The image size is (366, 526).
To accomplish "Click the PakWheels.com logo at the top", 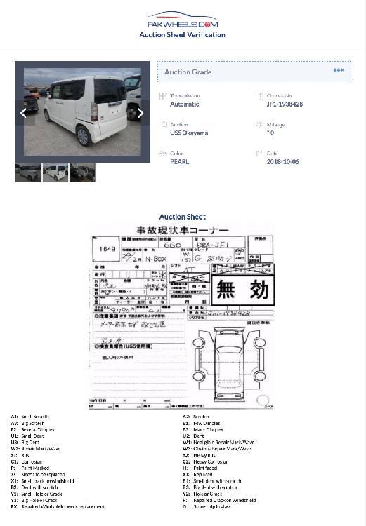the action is (x=182, y=20).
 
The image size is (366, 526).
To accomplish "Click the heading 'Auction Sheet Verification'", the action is (x=183, y=34).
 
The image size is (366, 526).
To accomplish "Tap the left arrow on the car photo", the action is (x=23, y=113).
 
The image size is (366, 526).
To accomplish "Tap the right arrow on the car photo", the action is (x=140, y=113).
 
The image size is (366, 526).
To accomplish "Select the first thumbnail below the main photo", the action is (x=28, y=173).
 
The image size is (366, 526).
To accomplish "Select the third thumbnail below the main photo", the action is (x=83, y=173).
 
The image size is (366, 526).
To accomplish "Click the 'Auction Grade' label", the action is (x=188, y=72).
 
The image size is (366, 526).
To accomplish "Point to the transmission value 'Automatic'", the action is (x=184, y=104).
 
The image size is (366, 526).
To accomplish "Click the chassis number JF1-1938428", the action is (x=285, y=104).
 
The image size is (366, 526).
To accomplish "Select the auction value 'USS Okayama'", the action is (x=188, y=133).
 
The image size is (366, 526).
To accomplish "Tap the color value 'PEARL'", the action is (x=179, y=162).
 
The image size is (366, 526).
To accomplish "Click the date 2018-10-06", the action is (x=282, y=162).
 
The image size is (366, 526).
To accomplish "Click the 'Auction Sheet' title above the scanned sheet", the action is (x=182, y=217).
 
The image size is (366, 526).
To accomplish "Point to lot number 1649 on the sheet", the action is (x=107, y=248).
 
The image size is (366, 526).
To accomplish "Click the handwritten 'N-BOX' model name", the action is (x=166, y=259).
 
